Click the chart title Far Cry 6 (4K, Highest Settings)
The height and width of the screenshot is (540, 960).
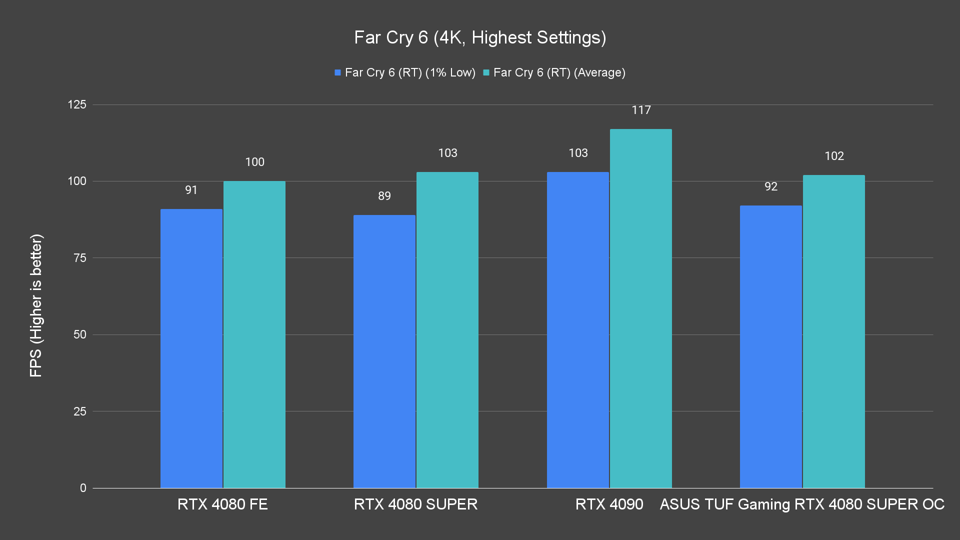point(480,38)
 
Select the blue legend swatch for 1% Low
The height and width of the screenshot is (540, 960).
point(338,73)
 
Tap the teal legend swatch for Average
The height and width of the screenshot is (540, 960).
point(486,73)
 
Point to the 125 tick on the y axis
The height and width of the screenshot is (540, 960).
point(77,105)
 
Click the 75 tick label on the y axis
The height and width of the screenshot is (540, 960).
point(80,258)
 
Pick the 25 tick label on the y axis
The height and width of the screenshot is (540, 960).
point(80,411)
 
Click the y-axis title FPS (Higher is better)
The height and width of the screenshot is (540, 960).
point(36,305)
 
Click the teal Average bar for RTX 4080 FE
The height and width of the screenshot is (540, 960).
point(254,334)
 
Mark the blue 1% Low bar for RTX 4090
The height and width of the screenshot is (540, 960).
point(578,330)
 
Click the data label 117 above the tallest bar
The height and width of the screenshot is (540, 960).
point(641,110)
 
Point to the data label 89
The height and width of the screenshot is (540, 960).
point(384,196)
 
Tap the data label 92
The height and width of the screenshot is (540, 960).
point(771,187)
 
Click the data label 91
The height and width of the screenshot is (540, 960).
point(191,190)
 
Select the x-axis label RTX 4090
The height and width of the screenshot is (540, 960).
point(609,504)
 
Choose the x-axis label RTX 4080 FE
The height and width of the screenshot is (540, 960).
point(222,504)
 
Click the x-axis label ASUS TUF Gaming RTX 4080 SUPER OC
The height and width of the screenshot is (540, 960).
point(802,504)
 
